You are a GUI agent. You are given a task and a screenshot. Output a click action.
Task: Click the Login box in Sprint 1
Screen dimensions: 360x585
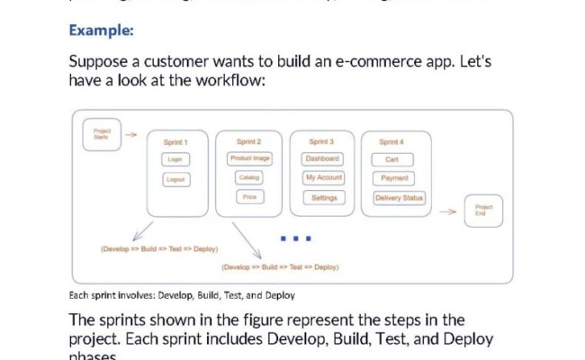[175, 159]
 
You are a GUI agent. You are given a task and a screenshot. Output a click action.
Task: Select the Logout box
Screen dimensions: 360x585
[175, 180]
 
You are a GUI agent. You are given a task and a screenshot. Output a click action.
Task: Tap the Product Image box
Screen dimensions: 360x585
[249, 158]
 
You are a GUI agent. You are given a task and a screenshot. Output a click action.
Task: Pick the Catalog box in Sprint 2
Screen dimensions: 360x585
[249, 177]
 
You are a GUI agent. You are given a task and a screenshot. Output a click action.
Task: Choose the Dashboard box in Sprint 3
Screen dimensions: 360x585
[322, 158]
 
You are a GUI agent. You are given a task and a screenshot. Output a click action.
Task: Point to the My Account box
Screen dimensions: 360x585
[322, 177]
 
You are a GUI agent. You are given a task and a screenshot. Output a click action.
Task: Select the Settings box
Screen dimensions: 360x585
[322, 197]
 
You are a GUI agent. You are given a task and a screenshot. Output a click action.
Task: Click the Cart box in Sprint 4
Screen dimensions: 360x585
[392, 159]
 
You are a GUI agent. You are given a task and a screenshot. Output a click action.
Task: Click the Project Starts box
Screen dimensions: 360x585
[101, 134]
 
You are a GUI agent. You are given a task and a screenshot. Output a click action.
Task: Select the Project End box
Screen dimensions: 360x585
[483, 211]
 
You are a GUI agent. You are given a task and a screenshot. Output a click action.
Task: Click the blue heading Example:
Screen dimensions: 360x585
[101, 31]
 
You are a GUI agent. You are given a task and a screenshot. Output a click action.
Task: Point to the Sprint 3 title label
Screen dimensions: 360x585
[321, 142]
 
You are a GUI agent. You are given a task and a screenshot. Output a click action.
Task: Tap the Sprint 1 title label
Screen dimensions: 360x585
[175, 142]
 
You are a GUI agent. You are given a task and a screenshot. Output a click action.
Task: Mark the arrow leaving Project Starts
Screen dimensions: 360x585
[130, 135]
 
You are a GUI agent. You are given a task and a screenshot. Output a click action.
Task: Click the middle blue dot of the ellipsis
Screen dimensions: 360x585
[296, 238]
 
